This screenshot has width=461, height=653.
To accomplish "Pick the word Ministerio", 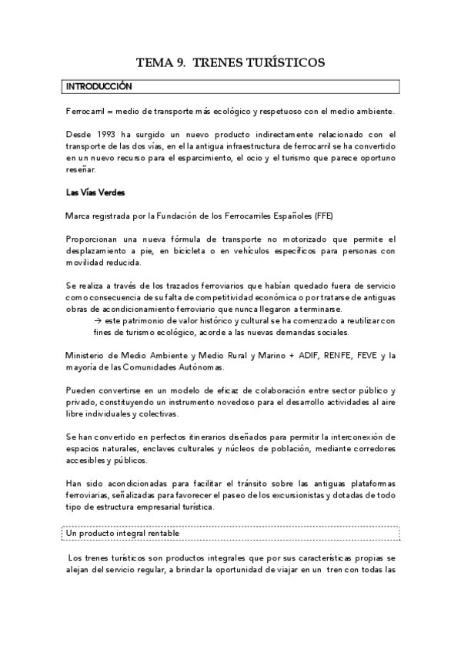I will coord(87,355).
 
